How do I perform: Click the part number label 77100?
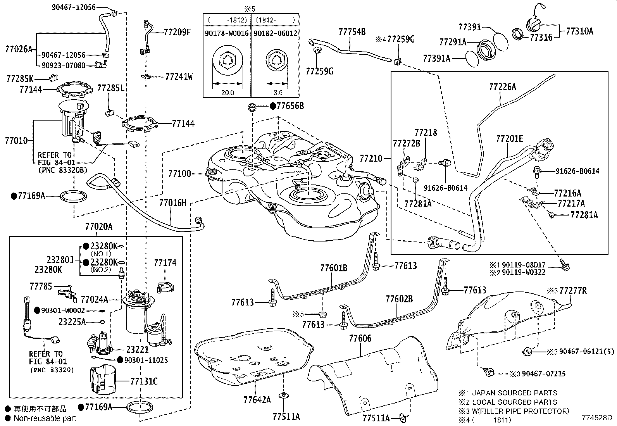click(180, 174)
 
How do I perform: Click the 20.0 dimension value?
click(227, 93)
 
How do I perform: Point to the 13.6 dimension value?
click(276, 93)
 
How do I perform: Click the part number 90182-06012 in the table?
click(276, 33)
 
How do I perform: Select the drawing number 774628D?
click(596, 418)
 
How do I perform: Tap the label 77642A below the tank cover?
click(257, 399)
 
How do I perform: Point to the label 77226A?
click(503, 87)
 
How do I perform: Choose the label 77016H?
click(173, 203)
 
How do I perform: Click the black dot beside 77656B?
click(273, 105)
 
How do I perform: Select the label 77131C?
click(144, 381)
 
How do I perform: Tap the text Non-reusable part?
click(45, 418)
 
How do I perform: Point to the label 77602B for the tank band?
click(399, 299)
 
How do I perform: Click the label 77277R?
click(573, 291)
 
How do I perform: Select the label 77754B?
click(352, 32)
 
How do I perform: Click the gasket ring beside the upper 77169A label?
click(73, 196)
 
